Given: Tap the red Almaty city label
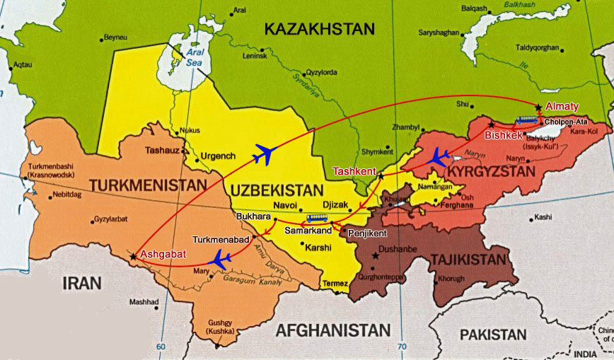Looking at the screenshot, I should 562,107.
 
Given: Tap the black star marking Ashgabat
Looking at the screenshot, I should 133,256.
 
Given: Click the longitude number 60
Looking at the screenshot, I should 161,347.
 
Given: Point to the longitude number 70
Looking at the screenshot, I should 402,347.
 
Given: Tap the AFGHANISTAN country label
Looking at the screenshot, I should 332,330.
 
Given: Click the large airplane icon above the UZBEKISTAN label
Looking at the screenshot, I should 264,152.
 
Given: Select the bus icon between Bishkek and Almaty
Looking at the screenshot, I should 526,120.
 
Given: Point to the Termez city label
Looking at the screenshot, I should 335,284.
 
